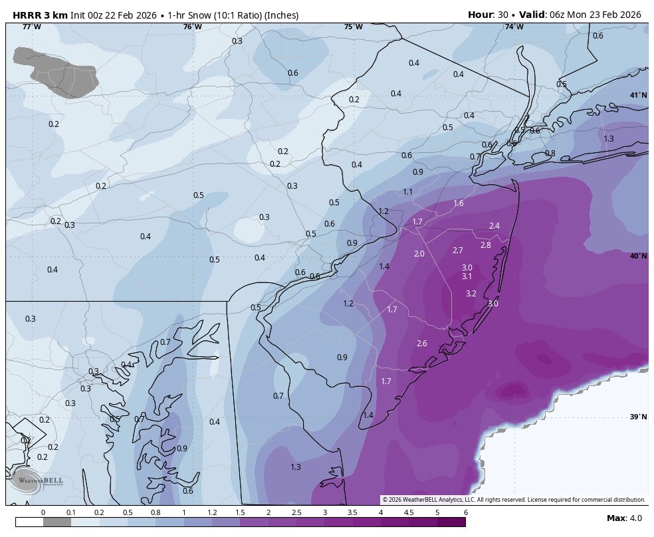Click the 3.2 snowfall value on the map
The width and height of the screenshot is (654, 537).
click(x=471, y=293)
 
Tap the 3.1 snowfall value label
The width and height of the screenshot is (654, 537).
click(x=467, y=276)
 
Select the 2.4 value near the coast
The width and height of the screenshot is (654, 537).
click(x=494, y=226)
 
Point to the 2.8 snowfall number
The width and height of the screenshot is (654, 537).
click(x=485, y=245)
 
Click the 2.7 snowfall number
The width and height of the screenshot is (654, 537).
click(x=457, y=251)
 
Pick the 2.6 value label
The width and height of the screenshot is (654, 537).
click(x=421, y=343)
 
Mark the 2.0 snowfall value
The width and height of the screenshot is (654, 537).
click(x=419, y=254)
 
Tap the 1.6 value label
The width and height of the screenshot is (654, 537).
click(x=458, y=203)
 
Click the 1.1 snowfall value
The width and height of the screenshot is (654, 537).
click(x=407, y=192)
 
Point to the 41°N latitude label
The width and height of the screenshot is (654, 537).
click(x=638, y=95)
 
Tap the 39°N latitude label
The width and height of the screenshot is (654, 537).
click(x=638, y=417)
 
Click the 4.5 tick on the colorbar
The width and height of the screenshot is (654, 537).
click(x=409, y=512)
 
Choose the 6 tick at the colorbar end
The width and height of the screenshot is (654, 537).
click(x=465, y=512)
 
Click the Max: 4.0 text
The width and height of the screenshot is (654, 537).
click(x=623, y=518)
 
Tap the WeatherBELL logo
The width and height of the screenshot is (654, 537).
click(x=27, y=480)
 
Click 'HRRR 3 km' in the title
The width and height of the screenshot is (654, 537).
click(x=40, y=15)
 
